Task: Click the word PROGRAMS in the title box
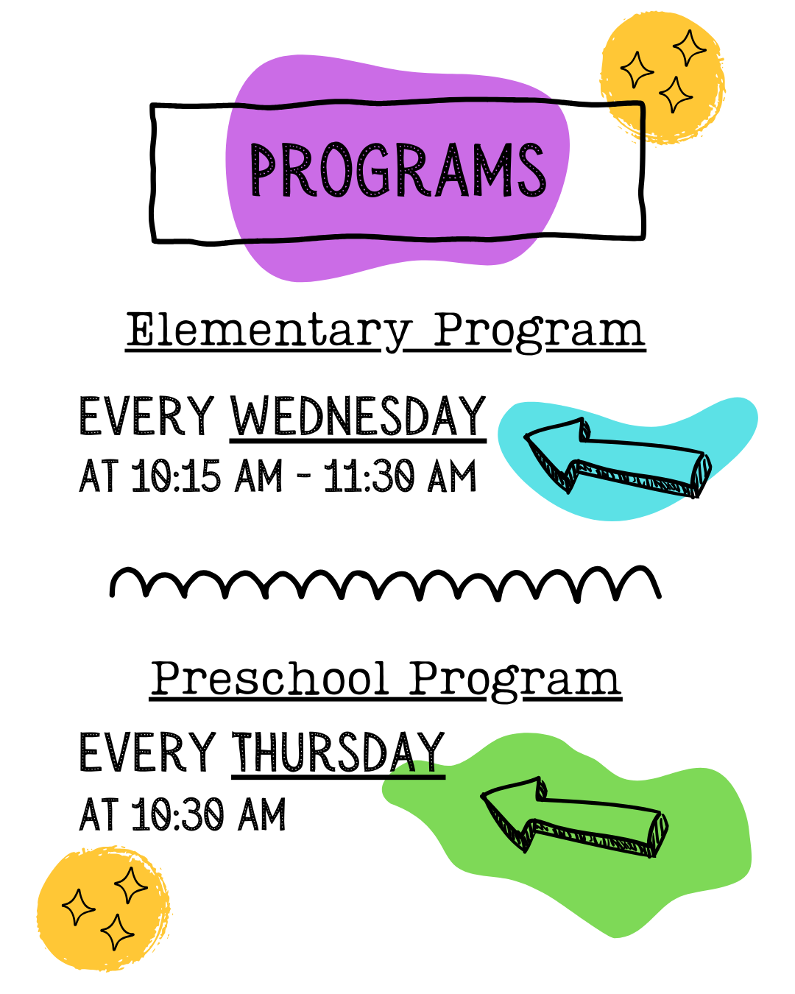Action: click(397, 170)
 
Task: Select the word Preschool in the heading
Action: click(269, 678)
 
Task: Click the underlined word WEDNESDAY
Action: click(358, 416)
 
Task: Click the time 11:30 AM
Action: click(400, 476)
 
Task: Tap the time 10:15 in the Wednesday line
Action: click(176, 476)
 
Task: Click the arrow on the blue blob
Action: click(618, 457)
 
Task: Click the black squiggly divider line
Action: click(386, 584)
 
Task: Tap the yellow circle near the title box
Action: click(662, 77)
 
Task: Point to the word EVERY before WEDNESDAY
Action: click(147, 416)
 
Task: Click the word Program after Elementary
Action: click(539, 331)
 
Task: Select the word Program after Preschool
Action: click(515, 679)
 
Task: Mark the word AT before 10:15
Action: click(99, 476)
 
